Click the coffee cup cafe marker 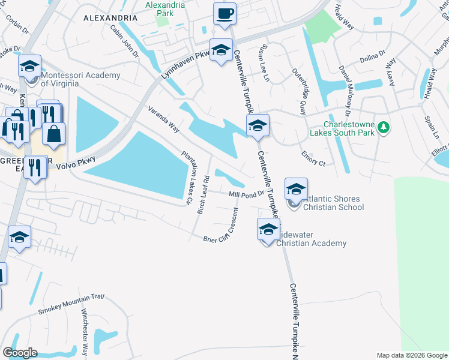click(225, 14)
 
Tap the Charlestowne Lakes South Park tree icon click(385, 127)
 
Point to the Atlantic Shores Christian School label click(333, 203)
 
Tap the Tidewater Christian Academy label click(311, 238)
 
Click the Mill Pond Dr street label click(247, 194)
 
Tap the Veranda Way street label click(163, 118)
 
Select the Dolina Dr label click(372, 56)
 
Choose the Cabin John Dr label click(124, 40)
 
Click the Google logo click(20, 352)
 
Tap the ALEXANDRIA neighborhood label click(111, 18)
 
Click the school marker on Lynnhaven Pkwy click(221, 51)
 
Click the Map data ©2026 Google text click(412, 355)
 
